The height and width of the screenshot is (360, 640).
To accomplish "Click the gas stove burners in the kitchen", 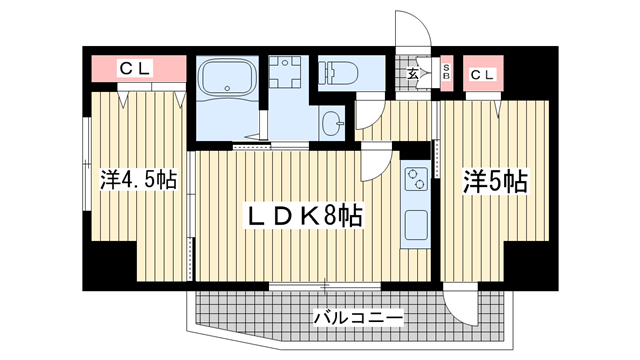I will pos(415,179).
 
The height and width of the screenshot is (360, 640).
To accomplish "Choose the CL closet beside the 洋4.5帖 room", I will pos(137,69).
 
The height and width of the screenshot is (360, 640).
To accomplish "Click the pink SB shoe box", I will pos(446,73).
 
